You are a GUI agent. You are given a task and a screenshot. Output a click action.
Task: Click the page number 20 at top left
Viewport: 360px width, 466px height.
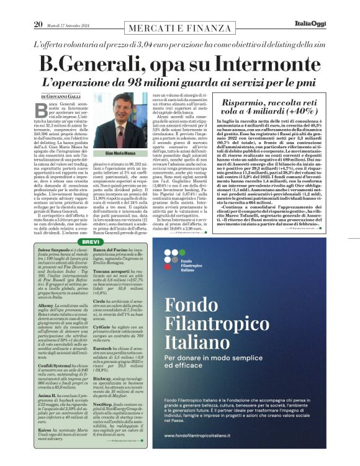coord(38,7)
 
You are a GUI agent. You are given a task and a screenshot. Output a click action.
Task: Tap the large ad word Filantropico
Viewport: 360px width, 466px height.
coord(230,321)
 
